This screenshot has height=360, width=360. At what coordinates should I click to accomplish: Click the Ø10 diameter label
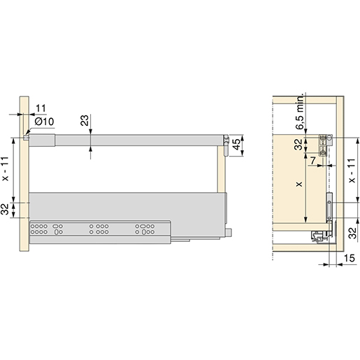click(44, 122)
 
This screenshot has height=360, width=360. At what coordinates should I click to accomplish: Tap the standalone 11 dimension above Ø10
click(41, 108)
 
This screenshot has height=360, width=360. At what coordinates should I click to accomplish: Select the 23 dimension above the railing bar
click(85, 120)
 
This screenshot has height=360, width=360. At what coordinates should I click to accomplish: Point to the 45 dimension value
click(236, 145)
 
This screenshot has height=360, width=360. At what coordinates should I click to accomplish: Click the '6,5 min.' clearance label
click(300, 111)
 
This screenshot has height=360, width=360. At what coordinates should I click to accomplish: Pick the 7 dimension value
click(313, 160)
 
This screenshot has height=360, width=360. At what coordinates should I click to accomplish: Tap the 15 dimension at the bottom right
click(349, 258)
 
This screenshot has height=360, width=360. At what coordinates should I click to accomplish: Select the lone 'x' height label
click(298, 184)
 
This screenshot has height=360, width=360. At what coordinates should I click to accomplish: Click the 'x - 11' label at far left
click(5, 168)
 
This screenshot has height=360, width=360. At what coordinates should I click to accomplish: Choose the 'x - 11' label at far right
click(352, 171)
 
